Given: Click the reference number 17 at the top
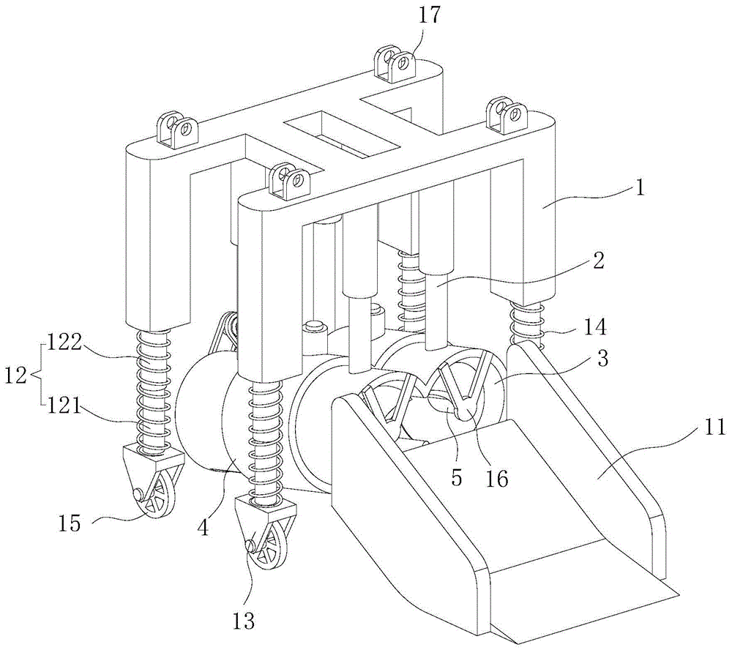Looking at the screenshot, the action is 430,15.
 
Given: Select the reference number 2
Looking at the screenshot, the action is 599,261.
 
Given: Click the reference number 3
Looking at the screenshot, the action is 602,359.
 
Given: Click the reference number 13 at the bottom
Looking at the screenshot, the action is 244,621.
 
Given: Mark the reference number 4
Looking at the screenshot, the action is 203,527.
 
